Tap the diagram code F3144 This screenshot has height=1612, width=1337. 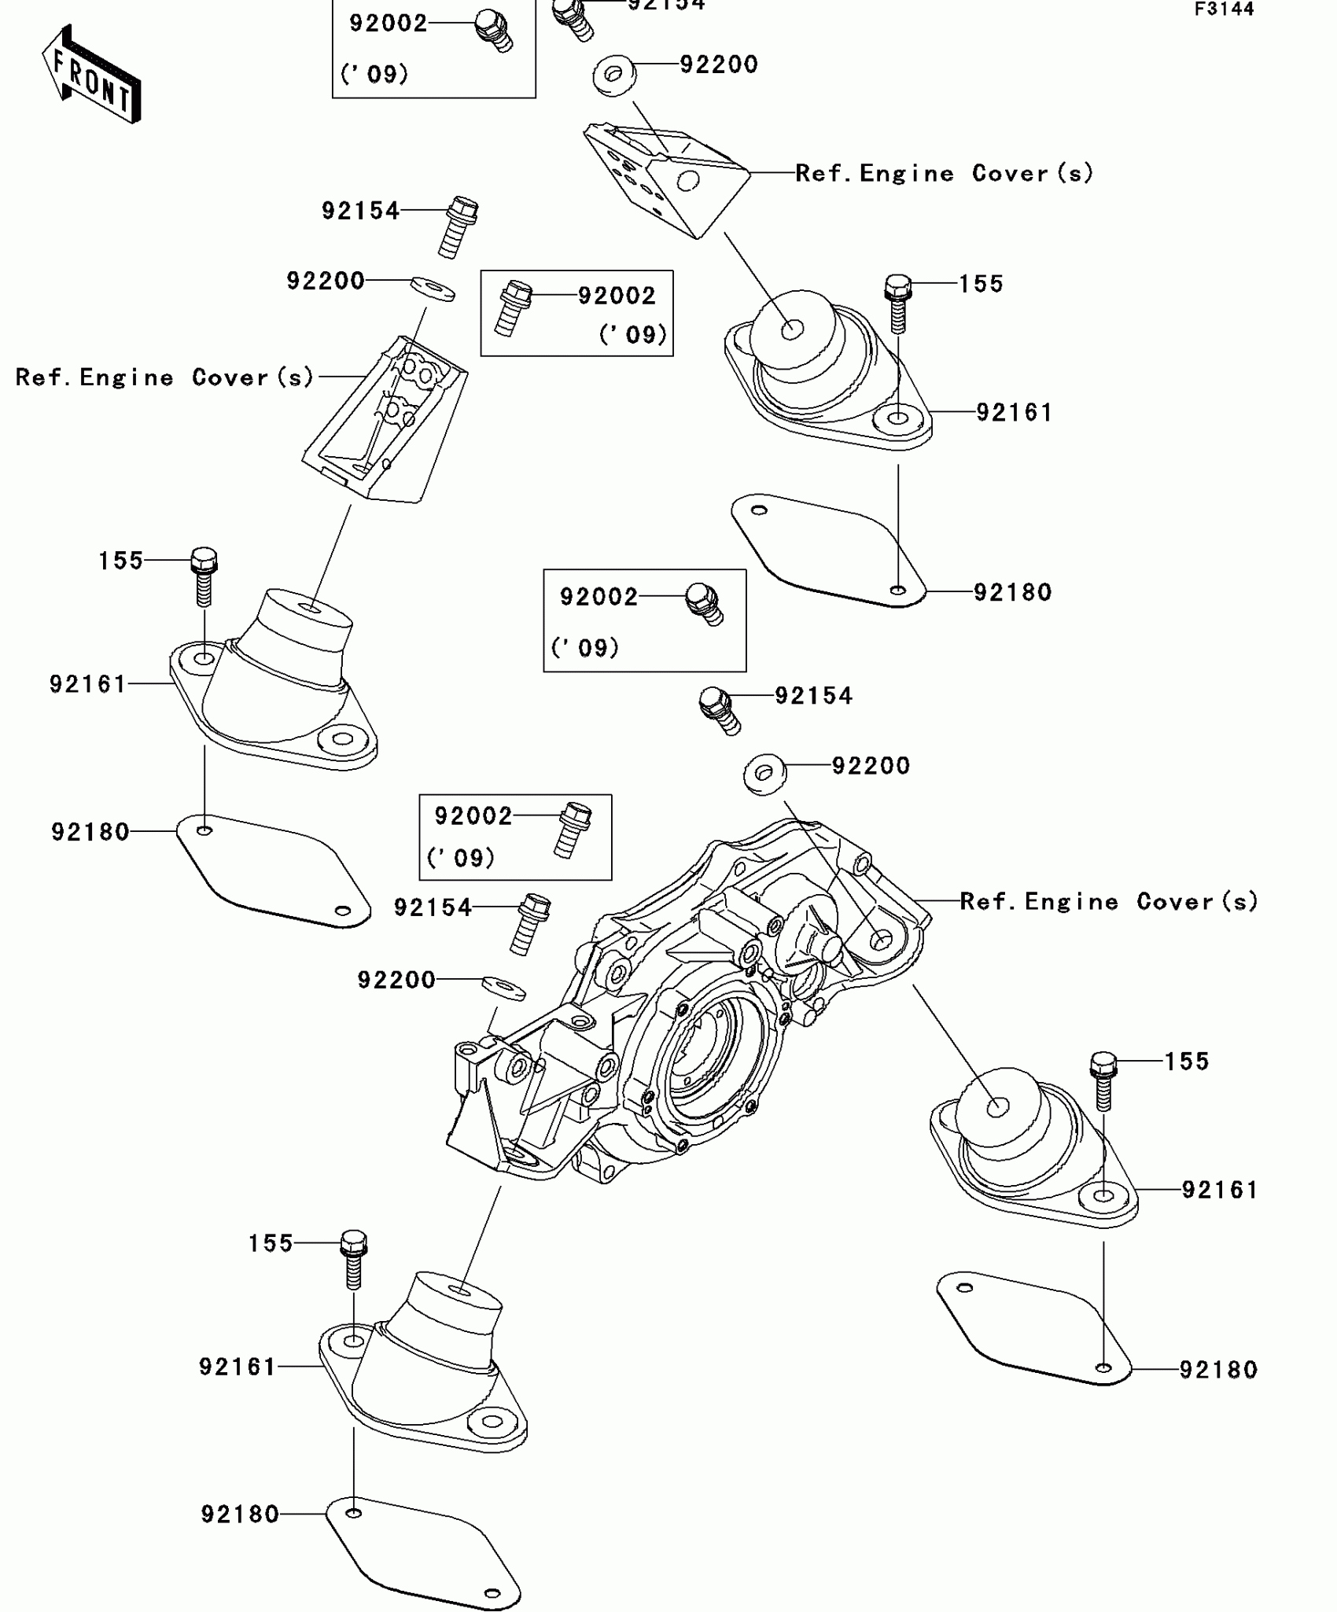pyautogui.click(x=1224, y=9)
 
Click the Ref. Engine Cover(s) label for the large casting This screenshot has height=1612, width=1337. pyautogui.click(x=1108, y=901)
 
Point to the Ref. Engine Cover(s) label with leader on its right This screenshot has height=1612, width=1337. pyautogui.click(x=164, y=377)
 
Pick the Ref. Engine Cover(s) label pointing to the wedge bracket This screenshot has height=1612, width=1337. pyautogui.click(x=944, y=173)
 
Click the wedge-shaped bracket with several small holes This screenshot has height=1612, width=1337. pyautogui.click(x=665, y=178)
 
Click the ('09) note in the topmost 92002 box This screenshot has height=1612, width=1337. pyautogui.click(x=374, y=75)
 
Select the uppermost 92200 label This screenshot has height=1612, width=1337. pyautogui.click(x=719, y=64)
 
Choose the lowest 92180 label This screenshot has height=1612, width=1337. pyautogui.click(x=240, y=1514)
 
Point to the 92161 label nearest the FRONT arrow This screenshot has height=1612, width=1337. pyautogui.click(x=88, y=684)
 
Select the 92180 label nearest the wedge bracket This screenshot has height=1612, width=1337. pyautogui.click(x=1012, y=592)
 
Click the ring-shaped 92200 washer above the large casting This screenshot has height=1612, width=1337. pyautogui.click(x=764, y=774)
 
